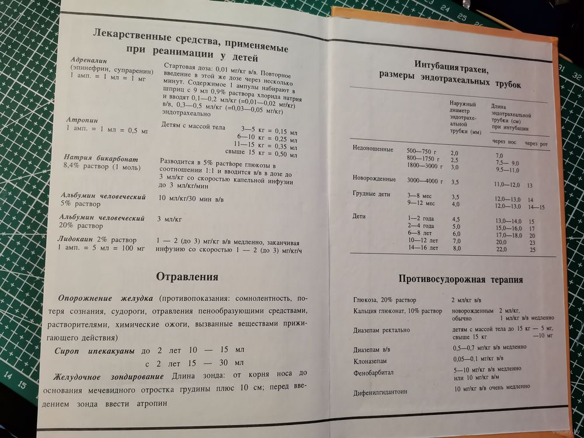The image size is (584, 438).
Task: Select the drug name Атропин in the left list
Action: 84,120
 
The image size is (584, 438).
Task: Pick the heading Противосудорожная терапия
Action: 461,280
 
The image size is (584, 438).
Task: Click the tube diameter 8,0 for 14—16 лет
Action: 456,248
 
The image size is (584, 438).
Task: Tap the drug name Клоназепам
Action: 371,360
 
